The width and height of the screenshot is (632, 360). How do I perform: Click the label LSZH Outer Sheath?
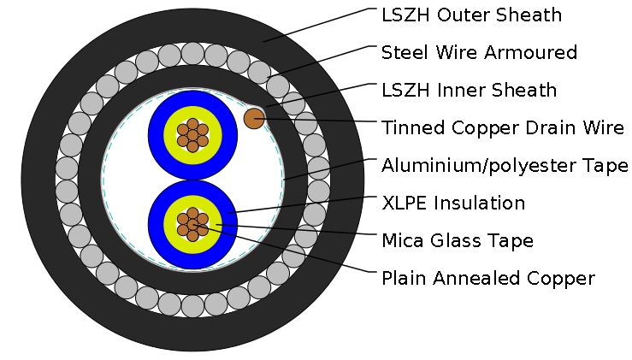click(x=471, y=15)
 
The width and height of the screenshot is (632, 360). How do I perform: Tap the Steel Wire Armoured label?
click(x=479, y=52)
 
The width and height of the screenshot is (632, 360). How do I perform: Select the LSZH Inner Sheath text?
click(x=469, y=90)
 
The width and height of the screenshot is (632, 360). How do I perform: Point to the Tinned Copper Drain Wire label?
click(x=503, y=128)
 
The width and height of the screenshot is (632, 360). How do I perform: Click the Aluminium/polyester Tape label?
click(x=505, y=165)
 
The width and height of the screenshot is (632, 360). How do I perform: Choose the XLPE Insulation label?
click(x=453, y=203)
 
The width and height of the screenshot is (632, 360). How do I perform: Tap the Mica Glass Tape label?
click(x=458, y=240)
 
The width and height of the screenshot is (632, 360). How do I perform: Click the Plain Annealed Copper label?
click(x=487, y=278)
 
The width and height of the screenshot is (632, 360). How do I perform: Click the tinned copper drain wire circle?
click(x=254, y=118)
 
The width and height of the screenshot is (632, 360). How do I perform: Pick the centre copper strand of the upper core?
click(x=192, y=135)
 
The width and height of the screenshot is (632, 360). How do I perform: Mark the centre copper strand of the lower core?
click(x=192, y=224)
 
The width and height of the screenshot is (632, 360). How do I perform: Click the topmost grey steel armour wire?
click(x=192, y=53)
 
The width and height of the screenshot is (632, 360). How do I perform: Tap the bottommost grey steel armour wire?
click(x=192, y=305)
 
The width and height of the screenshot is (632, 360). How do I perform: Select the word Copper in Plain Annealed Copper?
click(x=564, y=278)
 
